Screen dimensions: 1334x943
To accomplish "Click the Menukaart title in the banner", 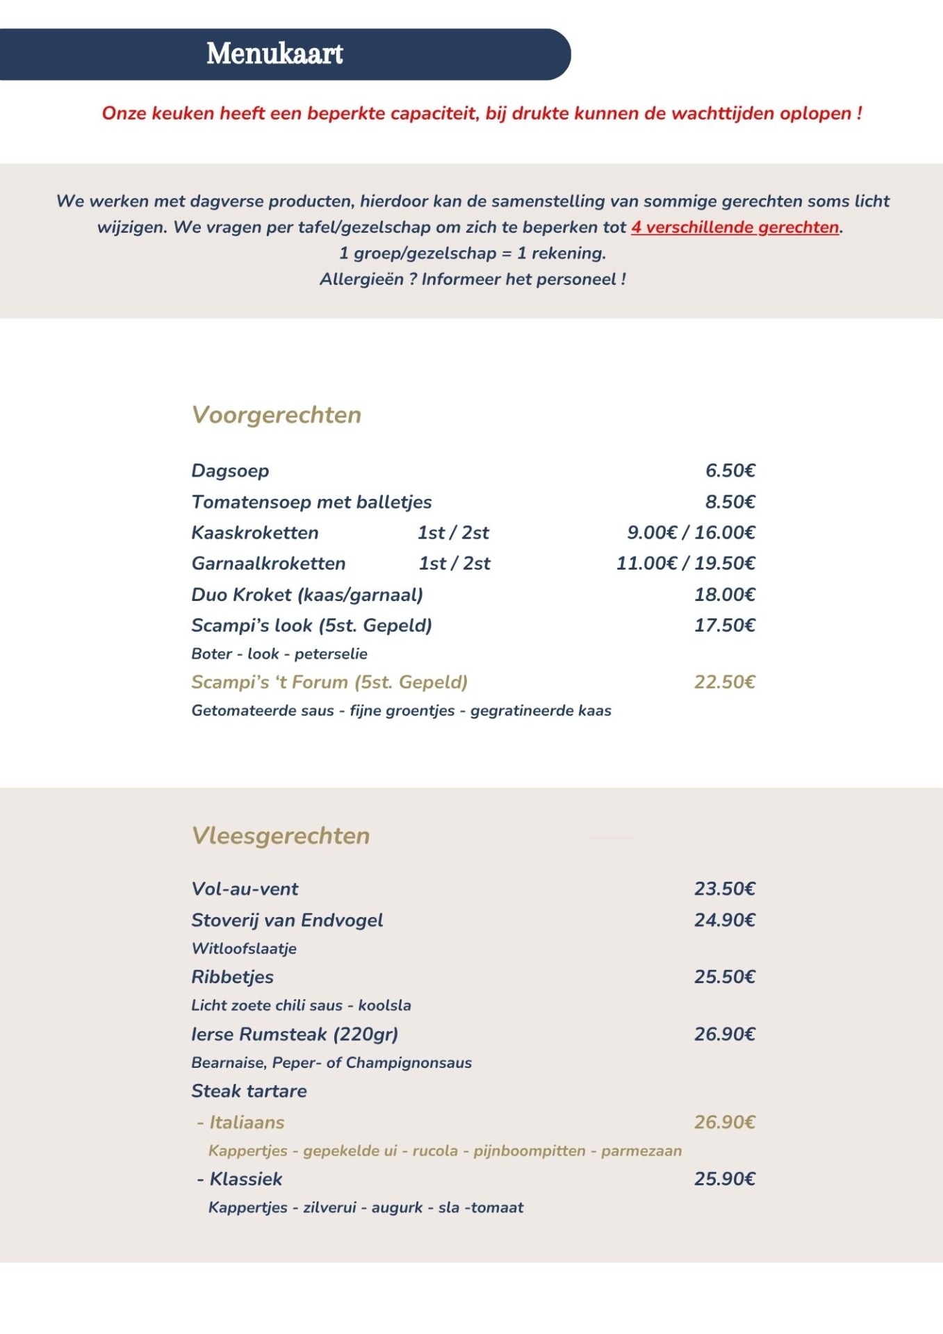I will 274,54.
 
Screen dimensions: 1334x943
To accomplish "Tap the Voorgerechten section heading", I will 277,415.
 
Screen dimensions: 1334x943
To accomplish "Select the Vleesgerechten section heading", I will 281,836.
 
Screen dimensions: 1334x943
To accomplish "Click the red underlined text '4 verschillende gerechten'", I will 735,227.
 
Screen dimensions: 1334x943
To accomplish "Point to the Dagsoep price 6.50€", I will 730,470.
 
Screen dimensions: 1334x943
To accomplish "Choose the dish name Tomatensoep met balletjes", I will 311,502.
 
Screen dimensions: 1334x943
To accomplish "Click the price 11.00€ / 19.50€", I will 685,563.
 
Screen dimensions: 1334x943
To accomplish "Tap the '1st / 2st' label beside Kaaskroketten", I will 453,533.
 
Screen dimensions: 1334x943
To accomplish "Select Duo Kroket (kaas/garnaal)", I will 307,595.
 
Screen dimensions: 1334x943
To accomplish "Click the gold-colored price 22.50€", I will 724,682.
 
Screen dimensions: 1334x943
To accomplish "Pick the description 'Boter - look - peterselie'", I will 279,654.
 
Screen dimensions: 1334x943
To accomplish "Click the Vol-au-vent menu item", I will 245,889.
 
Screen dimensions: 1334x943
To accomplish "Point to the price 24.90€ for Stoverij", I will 724,920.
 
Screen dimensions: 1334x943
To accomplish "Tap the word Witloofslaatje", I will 244,948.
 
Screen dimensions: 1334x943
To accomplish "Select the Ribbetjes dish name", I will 232,977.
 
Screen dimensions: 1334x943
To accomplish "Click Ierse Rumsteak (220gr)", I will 295,1034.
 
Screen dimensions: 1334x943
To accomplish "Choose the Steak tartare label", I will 249,1091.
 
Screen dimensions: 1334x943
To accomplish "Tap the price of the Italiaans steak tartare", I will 724,1122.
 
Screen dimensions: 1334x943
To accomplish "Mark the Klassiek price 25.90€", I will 724,1179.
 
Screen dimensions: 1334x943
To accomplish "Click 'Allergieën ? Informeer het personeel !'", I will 473,279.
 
